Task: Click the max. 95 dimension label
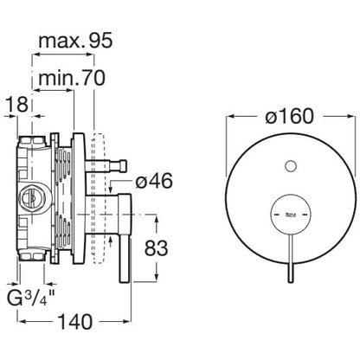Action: pyautogui.click(x=75, y=41)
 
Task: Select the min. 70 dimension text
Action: pyautogui.click(x=72, y=78)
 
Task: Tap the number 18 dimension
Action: pyautogui.click(x=17, y=104)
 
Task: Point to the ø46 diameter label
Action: pyautogui.click(x=154, y=181)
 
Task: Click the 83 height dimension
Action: pyautogui.click(x=156, y=248)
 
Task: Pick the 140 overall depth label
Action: pyautogui.click(x=75, y=322)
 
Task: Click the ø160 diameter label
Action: pyautogui.click(x=289, y=116)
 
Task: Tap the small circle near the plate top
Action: pyautogui.click(x=291, y=166)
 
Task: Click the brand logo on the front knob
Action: pyautogui.click(x=291, y=215)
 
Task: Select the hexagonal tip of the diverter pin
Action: pyautogui.click(x=122, y=166)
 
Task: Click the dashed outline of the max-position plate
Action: pyautogui.click(x=97, y=198)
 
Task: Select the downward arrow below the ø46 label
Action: pyautogui.click(x=111, y=187)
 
